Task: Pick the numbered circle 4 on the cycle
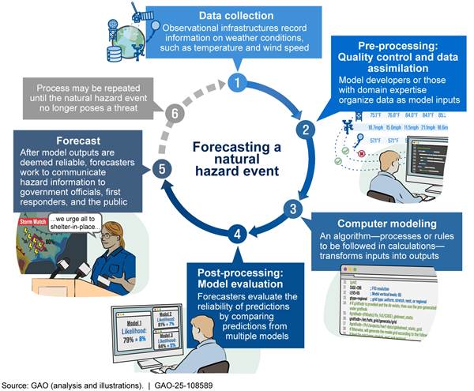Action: coord(234,233)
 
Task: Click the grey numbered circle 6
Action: coord(178,114)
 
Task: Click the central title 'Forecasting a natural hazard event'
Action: coord(228,159)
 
